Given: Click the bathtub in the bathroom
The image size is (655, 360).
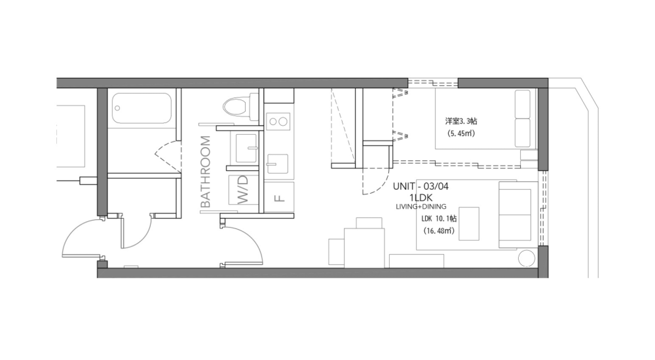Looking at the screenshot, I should [x=142, y=108].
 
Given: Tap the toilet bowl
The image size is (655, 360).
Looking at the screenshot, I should [x=233, y=106].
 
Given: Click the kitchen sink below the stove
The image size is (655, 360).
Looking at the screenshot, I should [x=279, y=162].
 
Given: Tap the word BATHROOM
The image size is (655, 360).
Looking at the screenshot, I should [x=205, y=171].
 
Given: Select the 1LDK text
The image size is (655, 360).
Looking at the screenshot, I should [x=421, y=196].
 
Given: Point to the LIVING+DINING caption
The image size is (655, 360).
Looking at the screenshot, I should [x=421, y=206].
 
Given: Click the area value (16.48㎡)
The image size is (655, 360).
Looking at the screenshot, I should [x=440, y=231].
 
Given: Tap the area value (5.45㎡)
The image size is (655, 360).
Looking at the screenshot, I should [x=461, y=134].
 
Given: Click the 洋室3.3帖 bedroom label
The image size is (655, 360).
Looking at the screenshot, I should [x=460, y=121].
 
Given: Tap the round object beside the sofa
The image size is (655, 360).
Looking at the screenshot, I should [x=527, y=259].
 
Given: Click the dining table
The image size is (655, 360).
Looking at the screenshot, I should [x=364, y=247].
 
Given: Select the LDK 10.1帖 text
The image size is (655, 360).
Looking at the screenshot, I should [x=440, y=219].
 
